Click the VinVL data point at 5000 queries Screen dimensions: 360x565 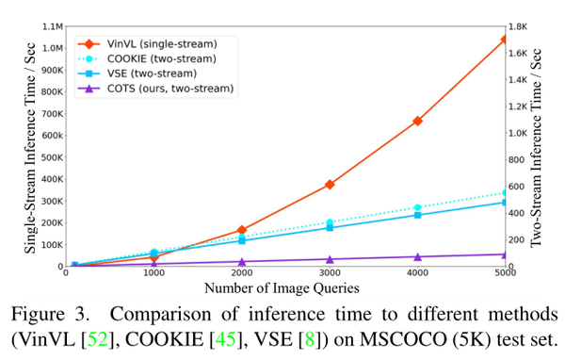[x=505, y=40]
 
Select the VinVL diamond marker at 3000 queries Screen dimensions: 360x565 [x=330, y=185]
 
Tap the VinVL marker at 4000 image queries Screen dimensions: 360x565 [x=417, y=121]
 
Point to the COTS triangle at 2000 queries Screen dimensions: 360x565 [x=241, y=262]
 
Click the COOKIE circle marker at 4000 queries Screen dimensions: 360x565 [x=417, y=207]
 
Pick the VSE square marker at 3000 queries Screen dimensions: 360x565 [x=330, y=227]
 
